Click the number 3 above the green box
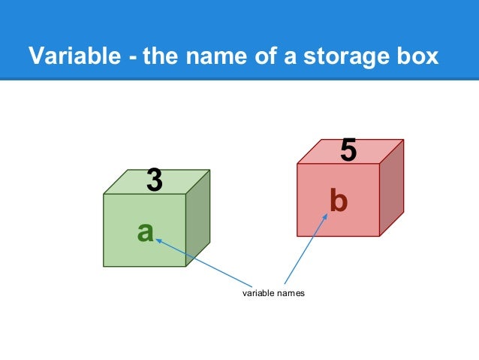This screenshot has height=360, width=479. pos(154,180)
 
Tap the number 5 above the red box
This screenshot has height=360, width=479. pos(348,150)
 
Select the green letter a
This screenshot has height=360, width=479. pos(146,232)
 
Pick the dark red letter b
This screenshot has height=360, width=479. pos(339,201)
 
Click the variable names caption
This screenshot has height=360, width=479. pos(273,293)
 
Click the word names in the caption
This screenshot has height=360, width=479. pos(291,293)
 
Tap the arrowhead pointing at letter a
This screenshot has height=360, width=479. pos(158,241)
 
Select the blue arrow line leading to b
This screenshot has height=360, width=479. pos(307,252)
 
